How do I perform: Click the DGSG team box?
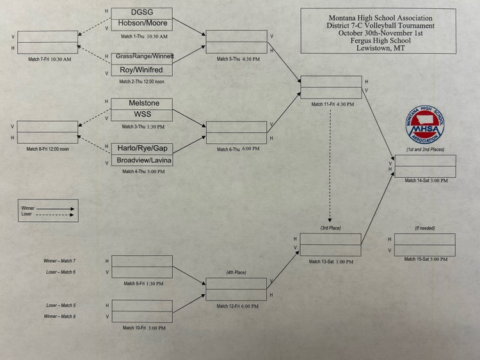point(141,13)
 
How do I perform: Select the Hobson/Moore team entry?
point(141,24)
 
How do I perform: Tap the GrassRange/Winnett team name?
point(143,57)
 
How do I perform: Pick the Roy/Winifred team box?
point(141,69)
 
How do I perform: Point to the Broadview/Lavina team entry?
point(143,160)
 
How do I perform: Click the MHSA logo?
point(425,125)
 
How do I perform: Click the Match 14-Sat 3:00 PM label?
point(426,180)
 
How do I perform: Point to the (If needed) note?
point(424,228)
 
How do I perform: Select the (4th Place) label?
point(236,273)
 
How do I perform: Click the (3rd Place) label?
point(330,228)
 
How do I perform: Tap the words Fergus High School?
point(379,39)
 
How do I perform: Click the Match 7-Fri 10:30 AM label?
point(49,59)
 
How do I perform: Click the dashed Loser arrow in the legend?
point(55,214)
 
